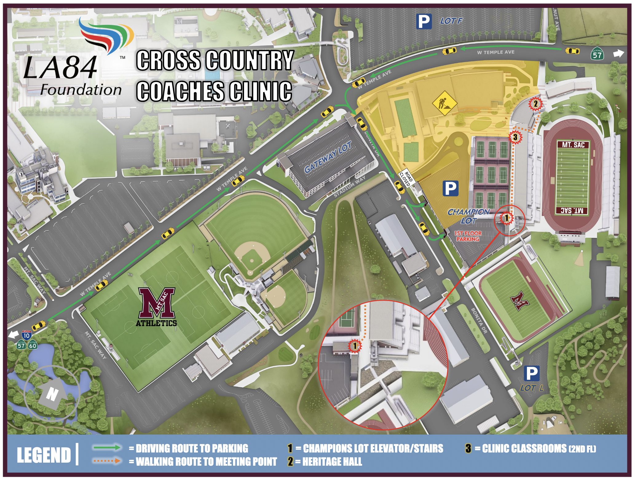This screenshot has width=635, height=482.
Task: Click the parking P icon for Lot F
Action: pos(424,21)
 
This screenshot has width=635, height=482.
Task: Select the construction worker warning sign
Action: pos(444,103)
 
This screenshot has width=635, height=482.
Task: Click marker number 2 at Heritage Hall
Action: pos(535,104)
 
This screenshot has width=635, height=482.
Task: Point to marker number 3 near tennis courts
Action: pos(515,137)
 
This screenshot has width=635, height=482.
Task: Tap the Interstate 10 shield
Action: pos(26,335)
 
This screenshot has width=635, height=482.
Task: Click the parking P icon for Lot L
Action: pos(531,373)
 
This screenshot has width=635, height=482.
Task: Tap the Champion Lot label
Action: pos(468,216)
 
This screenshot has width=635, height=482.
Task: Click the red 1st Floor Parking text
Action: pos(467,236)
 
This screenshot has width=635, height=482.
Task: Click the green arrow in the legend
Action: pos(107,448)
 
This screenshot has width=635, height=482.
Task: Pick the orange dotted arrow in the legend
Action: pos(107,461)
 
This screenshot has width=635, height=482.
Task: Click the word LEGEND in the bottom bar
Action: pos(44,455)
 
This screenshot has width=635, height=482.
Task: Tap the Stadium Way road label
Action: pos(350,187)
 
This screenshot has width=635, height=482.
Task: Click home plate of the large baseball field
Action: pos(250,272)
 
